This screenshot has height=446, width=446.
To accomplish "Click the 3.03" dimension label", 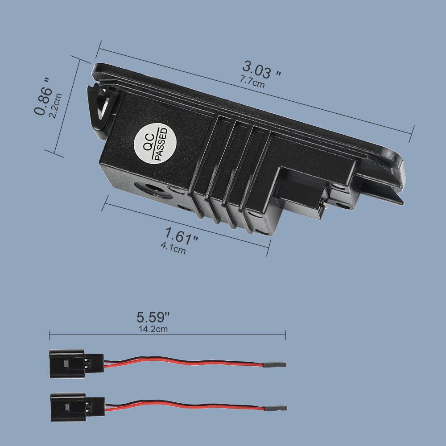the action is click(261, 70).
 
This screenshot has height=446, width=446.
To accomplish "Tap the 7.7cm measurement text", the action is click(252, 82).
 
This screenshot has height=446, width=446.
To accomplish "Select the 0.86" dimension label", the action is click(43, 96).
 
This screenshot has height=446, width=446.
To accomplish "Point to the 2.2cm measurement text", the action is click(55, 106).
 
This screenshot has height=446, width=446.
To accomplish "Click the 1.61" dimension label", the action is click(181, 236).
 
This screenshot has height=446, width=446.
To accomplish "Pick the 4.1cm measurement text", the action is click(173, 248).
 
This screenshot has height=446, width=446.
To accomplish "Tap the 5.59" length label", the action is click(153, 317).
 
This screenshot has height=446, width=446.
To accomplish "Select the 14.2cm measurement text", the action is click(153, 329).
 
